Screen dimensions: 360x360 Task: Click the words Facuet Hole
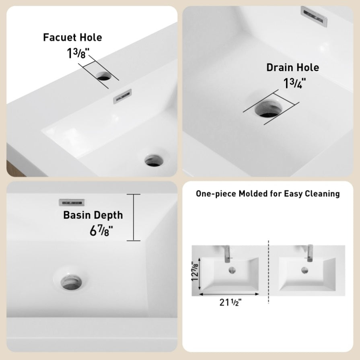72,37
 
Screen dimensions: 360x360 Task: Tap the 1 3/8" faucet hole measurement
78,53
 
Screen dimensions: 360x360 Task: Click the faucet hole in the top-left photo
103,76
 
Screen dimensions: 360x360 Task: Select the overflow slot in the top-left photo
122,96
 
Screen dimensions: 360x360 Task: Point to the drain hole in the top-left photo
154,160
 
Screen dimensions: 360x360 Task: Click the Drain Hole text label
293,68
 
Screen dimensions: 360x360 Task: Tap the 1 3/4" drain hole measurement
294,83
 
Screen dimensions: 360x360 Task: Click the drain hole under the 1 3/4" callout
268,109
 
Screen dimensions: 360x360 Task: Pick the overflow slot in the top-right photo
314,16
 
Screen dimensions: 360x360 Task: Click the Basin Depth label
93,215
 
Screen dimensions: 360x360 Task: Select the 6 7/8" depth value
101,231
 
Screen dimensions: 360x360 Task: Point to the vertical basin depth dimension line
134,218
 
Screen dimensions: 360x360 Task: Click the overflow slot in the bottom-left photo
72,202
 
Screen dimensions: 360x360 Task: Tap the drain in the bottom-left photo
71,282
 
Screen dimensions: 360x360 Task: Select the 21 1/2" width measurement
230,302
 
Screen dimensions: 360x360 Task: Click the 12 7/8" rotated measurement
195,271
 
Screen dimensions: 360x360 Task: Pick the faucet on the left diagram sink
227,254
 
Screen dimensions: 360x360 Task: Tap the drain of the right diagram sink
305,270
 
